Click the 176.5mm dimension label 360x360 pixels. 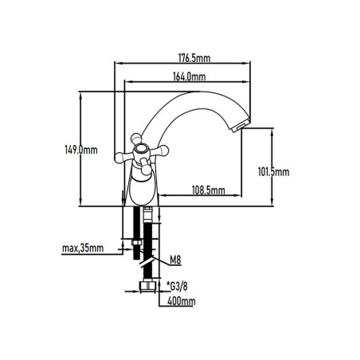pos(194,58)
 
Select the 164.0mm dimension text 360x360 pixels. pos(190,76)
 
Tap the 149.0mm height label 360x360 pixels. pos(81,150)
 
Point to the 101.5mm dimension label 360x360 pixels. pos(274,172)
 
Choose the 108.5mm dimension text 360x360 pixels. pos(209,190)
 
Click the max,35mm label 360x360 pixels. pos(83,248)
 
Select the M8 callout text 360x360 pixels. pos(175,260)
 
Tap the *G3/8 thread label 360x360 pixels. pos(177,286)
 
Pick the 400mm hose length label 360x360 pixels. pos(182,301)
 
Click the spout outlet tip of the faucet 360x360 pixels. pos(241,126)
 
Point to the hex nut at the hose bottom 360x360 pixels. pos(147,285)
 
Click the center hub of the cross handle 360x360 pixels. pos(142,150)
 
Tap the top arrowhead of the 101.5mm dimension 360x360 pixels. pos(272,132)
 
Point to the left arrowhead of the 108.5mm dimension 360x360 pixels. pos(163,196)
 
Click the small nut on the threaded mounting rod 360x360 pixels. pos(137,243)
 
